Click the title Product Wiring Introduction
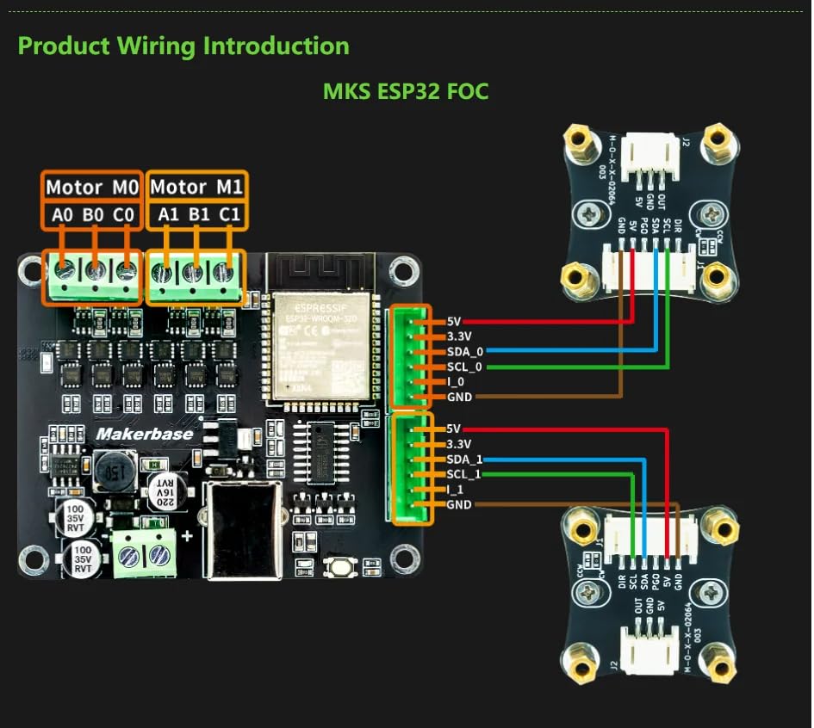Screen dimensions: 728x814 click(183, 46)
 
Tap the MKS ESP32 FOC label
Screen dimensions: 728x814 click(406, 90)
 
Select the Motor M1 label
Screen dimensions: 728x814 click(196, 187)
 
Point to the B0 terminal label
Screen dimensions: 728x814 click(94, 213)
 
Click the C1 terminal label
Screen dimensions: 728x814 click(230, 213)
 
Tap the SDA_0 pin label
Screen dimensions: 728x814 click(465, 351)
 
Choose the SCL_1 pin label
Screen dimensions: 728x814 click(464, 474)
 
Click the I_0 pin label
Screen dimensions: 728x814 click(457, 382)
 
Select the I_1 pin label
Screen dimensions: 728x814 click(457, 490)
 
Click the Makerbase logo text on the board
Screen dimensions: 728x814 click(144, 434)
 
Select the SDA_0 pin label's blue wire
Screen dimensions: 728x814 click(560, 351)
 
